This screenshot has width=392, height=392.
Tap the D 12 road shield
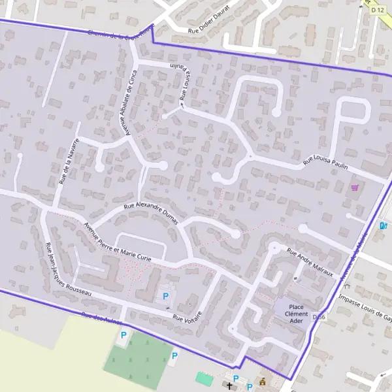click(376, 10)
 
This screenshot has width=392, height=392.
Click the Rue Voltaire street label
click(188, 317)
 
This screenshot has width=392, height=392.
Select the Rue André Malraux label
click(310, 262)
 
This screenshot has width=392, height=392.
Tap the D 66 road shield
click(319, 317)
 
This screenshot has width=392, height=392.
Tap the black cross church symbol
click(229, 386)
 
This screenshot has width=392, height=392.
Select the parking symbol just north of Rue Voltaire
click(165, 296)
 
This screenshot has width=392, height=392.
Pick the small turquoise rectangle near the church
click(204, 378)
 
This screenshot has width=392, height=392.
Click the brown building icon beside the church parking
click(263, 381)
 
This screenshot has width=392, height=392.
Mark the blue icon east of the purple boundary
click(384, 226)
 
